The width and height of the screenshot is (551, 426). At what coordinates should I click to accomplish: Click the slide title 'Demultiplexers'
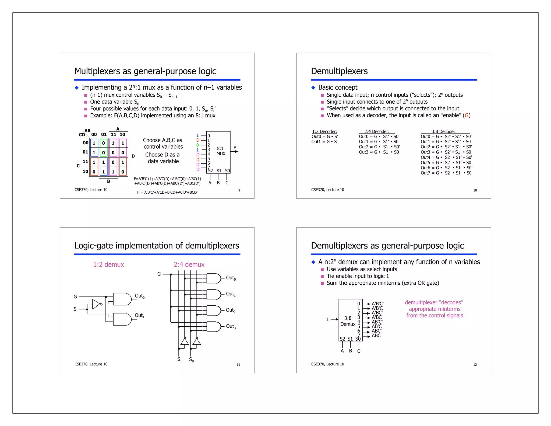(339, 71)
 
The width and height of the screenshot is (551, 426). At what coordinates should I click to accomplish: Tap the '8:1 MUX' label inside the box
(221, 151)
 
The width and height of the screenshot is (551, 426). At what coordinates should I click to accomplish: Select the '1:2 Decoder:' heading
(324, 131)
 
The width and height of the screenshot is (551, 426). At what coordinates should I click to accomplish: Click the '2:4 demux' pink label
(189, 264)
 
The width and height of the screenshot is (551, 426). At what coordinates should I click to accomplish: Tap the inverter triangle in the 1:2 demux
(96, 304)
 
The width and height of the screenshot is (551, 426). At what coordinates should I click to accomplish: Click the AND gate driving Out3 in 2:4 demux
(214, 326)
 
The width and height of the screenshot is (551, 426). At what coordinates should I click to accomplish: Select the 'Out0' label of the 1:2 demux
(140, 296)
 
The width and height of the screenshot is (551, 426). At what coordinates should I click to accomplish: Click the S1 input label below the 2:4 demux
(179, 359)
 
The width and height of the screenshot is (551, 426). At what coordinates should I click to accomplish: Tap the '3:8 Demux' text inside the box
(348, 321)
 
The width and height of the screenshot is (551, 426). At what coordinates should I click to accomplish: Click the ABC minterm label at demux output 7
(376, 336)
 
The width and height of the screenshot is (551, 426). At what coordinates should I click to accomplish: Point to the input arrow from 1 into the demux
(335, 319)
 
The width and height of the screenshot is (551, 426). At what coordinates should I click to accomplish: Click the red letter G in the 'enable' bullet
(467, 116)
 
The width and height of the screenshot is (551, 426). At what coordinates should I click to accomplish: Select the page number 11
(238, 365)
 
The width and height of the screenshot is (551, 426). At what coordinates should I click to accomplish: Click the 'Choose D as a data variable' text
(163, 158)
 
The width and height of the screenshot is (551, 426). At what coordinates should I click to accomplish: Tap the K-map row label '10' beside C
(85, 171)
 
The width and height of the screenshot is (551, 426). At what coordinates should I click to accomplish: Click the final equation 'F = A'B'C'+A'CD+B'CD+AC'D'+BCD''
(167, 192)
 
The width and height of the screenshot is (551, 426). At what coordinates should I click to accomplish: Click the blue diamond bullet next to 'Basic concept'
(313, 88)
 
